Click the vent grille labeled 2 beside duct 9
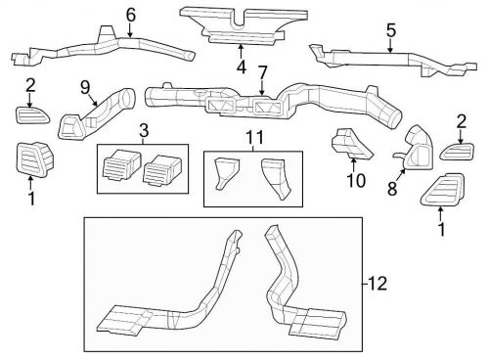coord(28,115)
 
